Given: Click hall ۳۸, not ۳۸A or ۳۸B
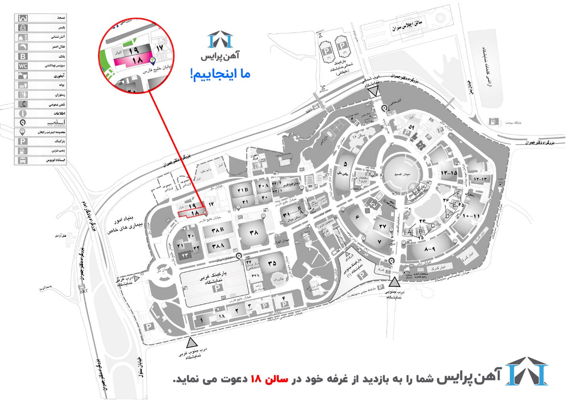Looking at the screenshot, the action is tap(253, 233).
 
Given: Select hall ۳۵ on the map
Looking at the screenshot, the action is tap(272, 263).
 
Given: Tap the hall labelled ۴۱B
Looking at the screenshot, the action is tap(243, 190).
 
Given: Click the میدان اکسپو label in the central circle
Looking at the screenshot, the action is tap(402, 174).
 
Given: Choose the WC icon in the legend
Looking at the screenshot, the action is tap(23, 66).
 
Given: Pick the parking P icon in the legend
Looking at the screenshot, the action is tap(23, 141).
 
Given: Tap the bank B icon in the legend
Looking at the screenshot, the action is tap(23, 56).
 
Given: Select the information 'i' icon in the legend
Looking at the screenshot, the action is tap(23, 113).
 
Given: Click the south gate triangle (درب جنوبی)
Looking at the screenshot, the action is tap(394, 282).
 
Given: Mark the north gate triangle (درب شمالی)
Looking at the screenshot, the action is tap(374, 92).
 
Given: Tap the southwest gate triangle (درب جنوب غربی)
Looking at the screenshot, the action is tap(192, 342).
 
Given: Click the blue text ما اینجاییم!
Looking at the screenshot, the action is tap(221, 74).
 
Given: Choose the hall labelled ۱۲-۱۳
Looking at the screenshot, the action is tap(481, 179).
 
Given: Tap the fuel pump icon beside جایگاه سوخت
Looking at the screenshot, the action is tap(493, 122).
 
